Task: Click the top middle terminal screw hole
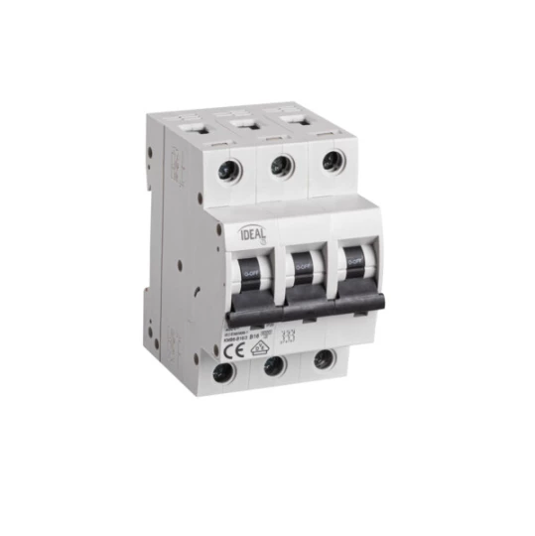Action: point(281,165)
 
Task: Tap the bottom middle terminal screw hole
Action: point(275,365)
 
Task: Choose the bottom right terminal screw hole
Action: point(323,358)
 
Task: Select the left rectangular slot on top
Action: point(191,128)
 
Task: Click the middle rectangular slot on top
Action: point(245,122)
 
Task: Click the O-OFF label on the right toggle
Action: point(352,255)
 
